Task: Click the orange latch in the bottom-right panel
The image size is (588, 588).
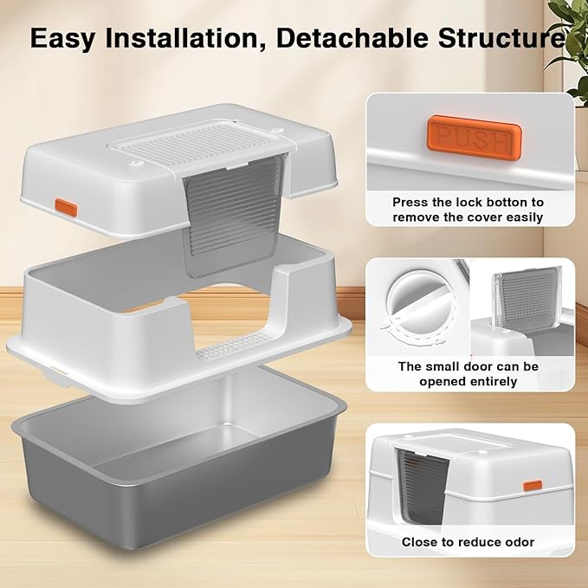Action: [532, 486]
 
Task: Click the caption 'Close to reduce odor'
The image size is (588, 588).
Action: [468, 542]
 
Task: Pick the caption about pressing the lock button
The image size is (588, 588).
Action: [468, 209]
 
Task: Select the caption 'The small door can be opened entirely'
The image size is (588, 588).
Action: [468, 373]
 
